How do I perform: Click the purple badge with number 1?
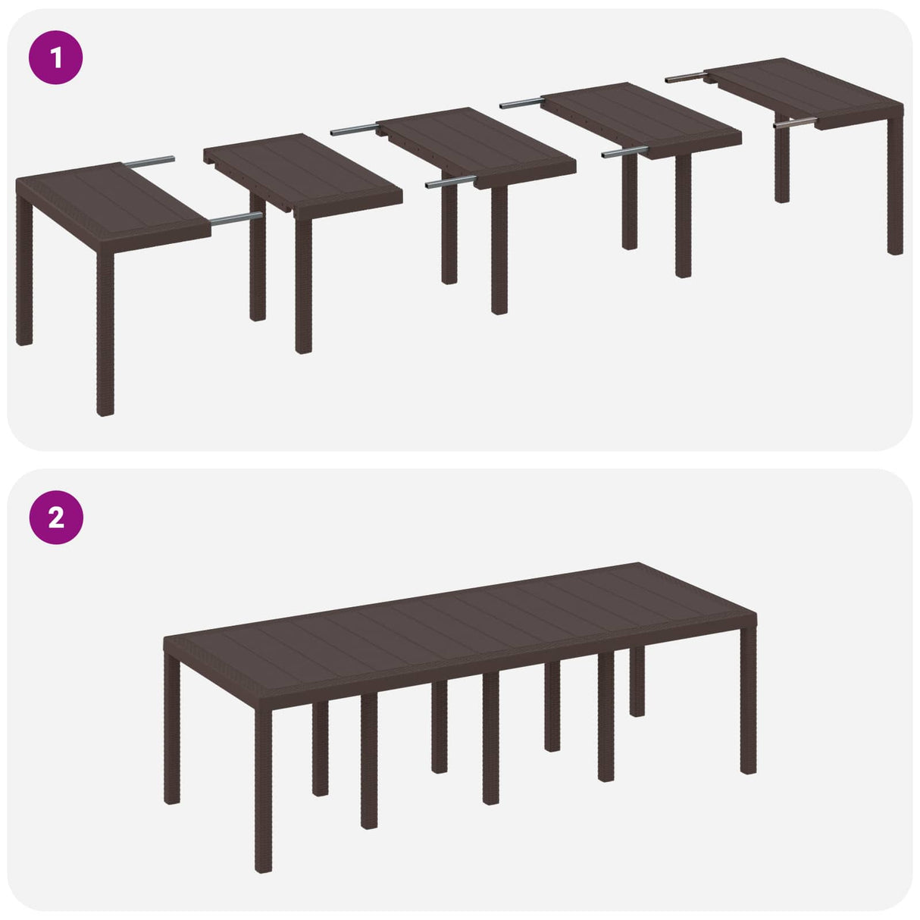pos(55,57)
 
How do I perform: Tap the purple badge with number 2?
pos(55,518)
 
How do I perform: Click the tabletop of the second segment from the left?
pos(303,171)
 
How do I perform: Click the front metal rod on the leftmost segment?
pos(236,220)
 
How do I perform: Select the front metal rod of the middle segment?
pos(449,183)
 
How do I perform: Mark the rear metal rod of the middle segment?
pos(354,130)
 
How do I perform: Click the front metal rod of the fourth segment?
pos(624,152)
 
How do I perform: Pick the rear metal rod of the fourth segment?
pos(520,102)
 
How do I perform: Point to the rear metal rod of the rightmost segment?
pos(686,77)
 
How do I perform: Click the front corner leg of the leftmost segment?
pos(105,333)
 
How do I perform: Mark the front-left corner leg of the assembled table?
pos(263,788)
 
